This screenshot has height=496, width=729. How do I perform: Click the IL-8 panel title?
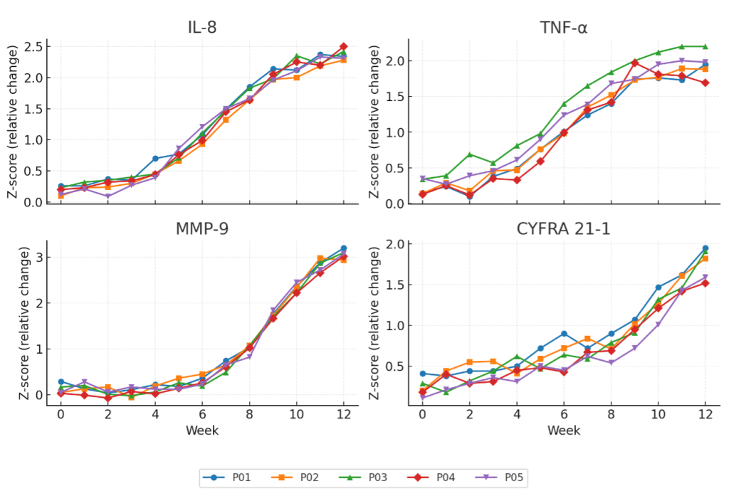coord(202,28)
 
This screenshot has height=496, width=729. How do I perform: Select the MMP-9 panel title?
coord(202,229)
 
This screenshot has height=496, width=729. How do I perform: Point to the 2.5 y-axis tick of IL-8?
coord(31,46)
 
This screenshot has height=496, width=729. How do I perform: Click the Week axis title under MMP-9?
coord(202,430)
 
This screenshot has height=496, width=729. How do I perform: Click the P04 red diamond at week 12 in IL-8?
coord(344,46)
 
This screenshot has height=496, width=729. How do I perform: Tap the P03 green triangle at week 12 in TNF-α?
coord(705,46)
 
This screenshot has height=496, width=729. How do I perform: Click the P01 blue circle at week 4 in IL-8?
coord(155,158)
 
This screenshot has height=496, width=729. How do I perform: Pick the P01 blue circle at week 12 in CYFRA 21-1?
coord(705,248)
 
